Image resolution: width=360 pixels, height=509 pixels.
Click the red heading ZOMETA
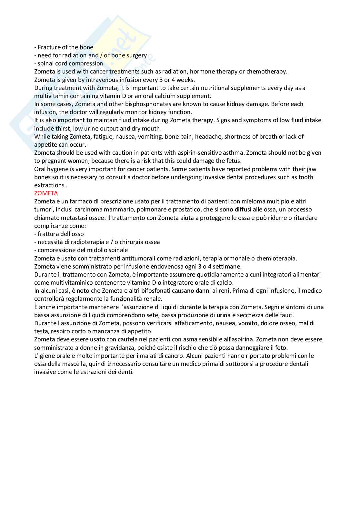pyautogui.click(x=46, y=193)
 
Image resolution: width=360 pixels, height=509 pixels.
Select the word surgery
pyautogui.click(x=136, y=55)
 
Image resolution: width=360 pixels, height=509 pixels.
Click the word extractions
pyautogui.click(x=49, y=185)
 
